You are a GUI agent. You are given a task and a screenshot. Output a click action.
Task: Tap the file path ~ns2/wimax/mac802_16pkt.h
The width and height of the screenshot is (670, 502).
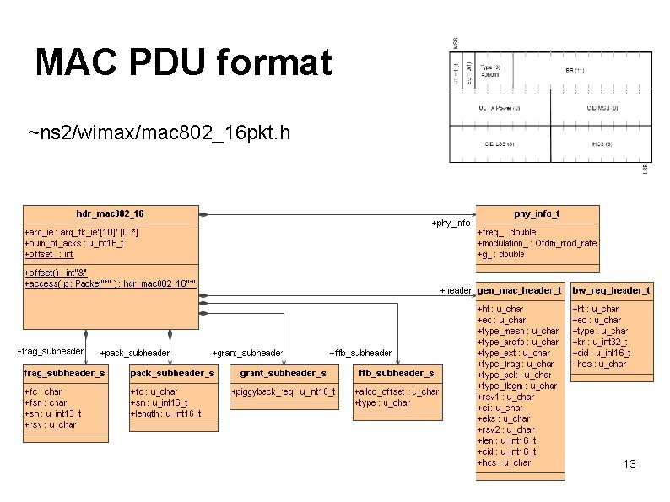point(159,133)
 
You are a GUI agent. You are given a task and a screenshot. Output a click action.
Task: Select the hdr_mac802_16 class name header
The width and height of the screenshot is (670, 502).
point(110,213)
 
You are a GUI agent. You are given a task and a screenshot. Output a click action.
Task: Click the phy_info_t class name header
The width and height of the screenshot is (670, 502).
point(537,214)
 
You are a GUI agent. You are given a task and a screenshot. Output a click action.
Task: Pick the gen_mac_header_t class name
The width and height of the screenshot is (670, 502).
point(519,290)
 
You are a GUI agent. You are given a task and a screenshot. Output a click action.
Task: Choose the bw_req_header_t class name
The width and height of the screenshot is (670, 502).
point(611,290)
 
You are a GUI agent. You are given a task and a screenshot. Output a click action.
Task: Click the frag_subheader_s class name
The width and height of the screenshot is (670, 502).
point(64,373)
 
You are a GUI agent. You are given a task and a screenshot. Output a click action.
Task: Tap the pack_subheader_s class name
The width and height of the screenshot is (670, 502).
point(172,373)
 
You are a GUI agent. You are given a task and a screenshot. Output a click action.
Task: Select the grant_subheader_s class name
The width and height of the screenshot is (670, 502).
point(283,373)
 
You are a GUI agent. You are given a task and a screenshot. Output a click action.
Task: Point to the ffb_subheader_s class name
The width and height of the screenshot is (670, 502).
point(396,373)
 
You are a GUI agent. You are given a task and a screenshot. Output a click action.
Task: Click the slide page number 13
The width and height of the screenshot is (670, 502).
point(629,465)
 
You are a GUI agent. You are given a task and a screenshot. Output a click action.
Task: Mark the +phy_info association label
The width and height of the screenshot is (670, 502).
point(451,224)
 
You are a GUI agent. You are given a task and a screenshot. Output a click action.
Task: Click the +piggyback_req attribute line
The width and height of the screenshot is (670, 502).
point(283,391)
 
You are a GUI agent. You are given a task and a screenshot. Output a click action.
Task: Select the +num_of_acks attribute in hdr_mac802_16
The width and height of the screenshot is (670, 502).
point(74,243)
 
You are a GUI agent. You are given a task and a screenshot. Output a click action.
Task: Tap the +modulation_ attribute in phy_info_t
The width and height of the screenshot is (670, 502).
point(537,243)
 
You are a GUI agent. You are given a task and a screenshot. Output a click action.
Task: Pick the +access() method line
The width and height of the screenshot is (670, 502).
point(110,283)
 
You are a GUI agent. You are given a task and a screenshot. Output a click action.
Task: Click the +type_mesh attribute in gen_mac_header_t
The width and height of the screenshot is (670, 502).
point(517,332)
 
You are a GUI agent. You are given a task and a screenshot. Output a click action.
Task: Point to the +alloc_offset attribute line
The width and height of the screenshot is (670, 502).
point(396,391)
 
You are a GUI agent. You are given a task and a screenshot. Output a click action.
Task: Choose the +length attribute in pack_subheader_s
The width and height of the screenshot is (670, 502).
point(165,413)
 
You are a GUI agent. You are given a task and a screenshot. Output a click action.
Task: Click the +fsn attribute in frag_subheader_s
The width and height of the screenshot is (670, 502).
point(46,402)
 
